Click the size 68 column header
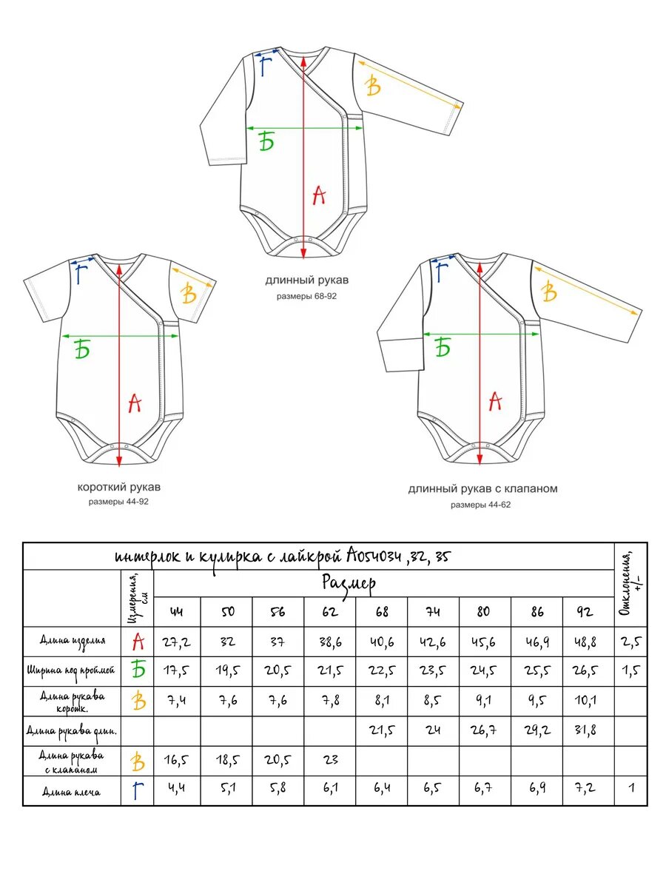381,611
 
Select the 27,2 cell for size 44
177,642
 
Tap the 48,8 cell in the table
585,642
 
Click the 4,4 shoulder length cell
177,787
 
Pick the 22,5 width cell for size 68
381,670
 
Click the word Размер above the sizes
349,584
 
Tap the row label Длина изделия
73,641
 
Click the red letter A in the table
138,642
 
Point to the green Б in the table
138,670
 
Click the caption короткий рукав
119,487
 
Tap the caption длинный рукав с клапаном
482,488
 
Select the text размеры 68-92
306,296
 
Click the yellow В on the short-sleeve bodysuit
189,294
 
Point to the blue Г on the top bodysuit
265,67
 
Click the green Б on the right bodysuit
443,348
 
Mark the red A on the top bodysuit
319,195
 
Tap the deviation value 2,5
631,642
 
